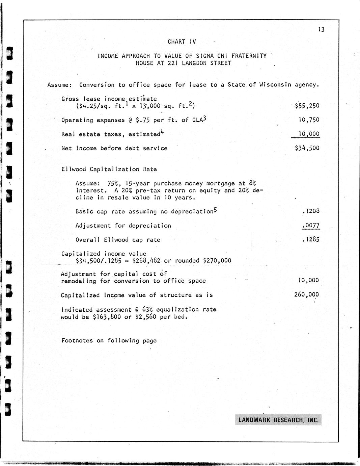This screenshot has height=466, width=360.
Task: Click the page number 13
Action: [x=321, y=30]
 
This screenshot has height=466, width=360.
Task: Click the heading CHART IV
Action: [x=182, y=42]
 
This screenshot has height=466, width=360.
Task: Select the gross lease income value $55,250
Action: [x=307, y=106]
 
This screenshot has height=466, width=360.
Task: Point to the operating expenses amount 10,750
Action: [x=308, y=120]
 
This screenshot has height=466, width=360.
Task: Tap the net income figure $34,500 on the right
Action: [x=307, y=148]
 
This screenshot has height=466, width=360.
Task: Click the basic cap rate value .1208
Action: [x=311, y=211]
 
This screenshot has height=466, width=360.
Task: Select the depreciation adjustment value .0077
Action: [x=311, y=225]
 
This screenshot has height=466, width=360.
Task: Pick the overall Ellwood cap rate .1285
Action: [x=311, y=239]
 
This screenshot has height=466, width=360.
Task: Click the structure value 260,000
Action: [x=306, y=294]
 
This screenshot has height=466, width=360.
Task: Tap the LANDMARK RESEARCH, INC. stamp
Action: [x=278, y=420]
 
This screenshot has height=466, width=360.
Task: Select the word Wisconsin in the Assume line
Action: [x=275, y=85]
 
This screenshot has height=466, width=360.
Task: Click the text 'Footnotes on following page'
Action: [x=109, y=340]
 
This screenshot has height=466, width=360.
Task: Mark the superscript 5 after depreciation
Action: [x=215, y=210]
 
